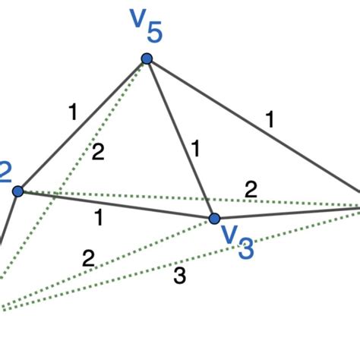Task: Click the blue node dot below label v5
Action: [x=147, y=58]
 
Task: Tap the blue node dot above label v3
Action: [x=215, y=218]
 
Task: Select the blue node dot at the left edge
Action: [x=19, y=191]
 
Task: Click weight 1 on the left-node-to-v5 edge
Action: [x=72, y=113]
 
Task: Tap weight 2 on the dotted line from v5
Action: [x=97, y=151]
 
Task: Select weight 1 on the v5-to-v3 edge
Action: [x=194, y=150]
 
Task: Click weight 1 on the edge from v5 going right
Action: [x=270, y=119]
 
